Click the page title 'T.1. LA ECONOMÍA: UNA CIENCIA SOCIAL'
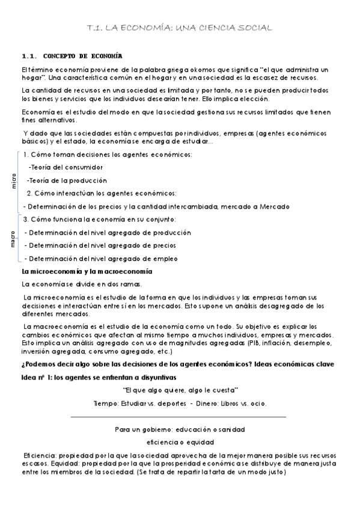(x=180, y=28)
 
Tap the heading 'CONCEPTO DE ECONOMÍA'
(x=83, y=55)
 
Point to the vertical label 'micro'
(x=14, y=181)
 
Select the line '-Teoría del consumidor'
(x=66, y=167)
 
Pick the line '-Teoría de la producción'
(x=67, y=180)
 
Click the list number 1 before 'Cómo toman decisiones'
(x=34, y=155)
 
